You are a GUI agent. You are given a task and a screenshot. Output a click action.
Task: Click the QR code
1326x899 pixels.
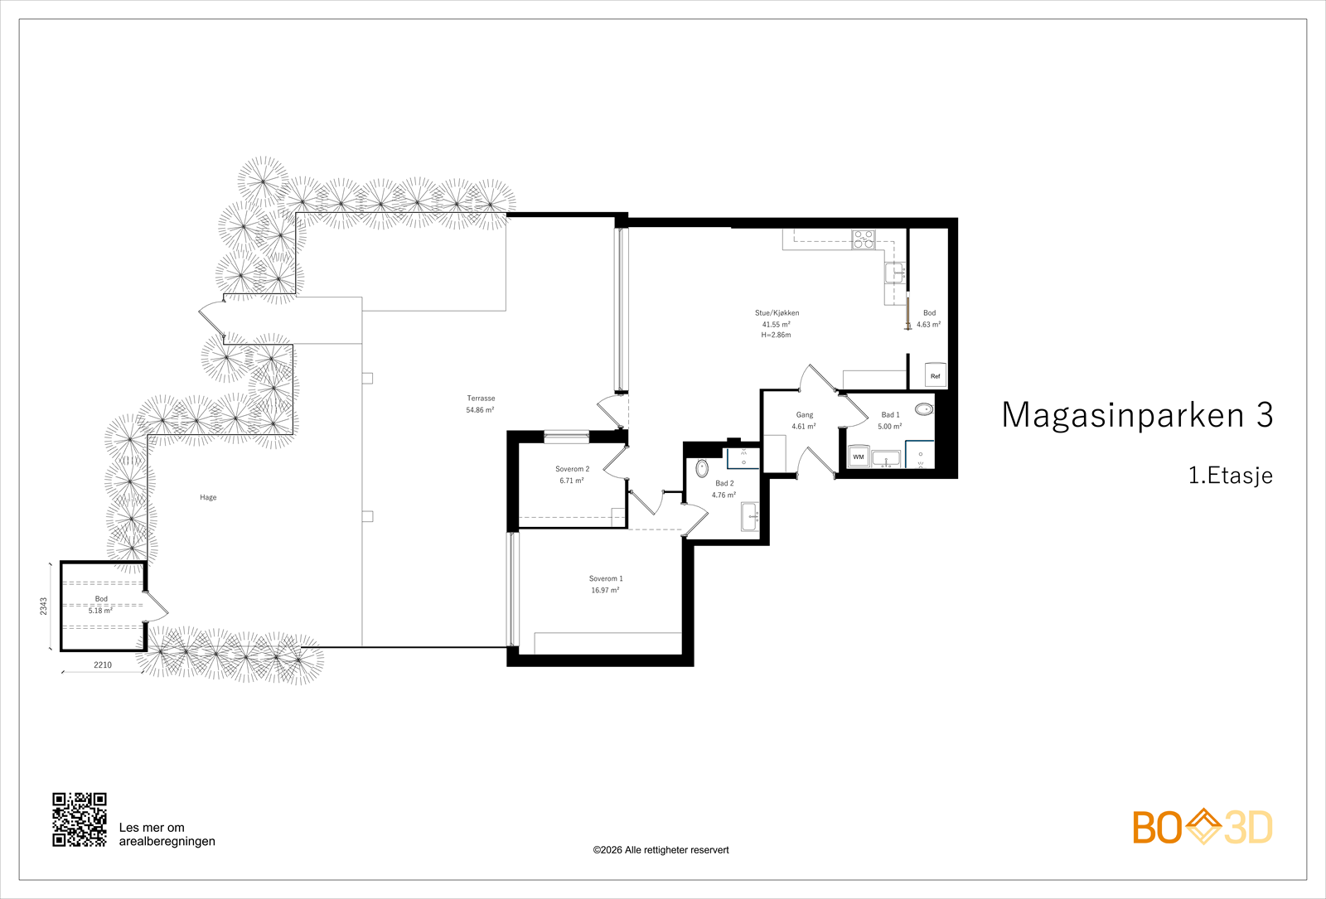pyautogui.click(x=80, y=819)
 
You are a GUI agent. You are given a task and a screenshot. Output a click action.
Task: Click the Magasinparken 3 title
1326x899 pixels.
pyautogui.click(x=1137, y=414)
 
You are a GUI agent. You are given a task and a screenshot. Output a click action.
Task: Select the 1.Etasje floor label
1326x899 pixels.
pyautogui.click(x=1231, y=476)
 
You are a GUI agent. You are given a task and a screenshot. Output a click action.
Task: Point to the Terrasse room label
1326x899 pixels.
pyautogui.click(x=481, y=399)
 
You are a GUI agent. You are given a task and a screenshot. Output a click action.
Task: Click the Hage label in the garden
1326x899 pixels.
pyautogui.click(x=208, y=497)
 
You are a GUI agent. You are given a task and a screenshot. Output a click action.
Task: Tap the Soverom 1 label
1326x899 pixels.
pyautogui.click(x=606, y=578)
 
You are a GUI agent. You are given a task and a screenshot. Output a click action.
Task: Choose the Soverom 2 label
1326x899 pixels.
pyautogui.click(x=573, y=469)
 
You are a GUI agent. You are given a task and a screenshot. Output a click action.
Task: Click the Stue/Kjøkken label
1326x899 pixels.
pyautogui.click(x=777, y=313)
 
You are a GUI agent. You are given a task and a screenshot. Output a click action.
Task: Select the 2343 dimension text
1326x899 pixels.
pyautogui.click(x=44, y=606)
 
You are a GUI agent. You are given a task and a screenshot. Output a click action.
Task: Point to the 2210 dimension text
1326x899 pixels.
pyautogui.click(x=103, y=665)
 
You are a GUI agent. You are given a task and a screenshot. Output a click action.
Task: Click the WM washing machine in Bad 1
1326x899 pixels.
pyautogui.click(x=859, y=457)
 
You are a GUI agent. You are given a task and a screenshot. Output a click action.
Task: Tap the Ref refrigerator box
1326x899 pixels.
pyautogui.click(x=936, y=375)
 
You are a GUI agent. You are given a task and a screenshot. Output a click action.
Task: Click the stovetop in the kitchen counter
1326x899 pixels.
pyautogui.click(x=863, y=239)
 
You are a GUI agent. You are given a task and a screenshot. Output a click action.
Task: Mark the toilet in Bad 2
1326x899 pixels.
pyautogui.click(x=702, y=468)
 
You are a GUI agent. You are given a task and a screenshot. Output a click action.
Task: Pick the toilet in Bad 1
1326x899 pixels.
pyautogui.click(x=923, y=408)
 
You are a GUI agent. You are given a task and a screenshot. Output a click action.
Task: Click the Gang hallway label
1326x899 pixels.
pyautogui.click(x=805, y=415)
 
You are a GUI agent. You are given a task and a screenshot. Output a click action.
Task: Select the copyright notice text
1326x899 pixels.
pyautogui.click(x=661, y=850)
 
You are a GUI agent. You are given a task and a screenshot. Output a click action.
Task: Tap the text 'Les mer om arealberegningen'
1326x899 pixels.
pyautogui.click(x=167, y=834)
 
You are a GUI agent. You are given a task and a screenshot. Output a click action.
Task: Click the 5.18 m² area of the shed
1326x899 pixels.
pyautogui.click(x=100, y=611)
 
